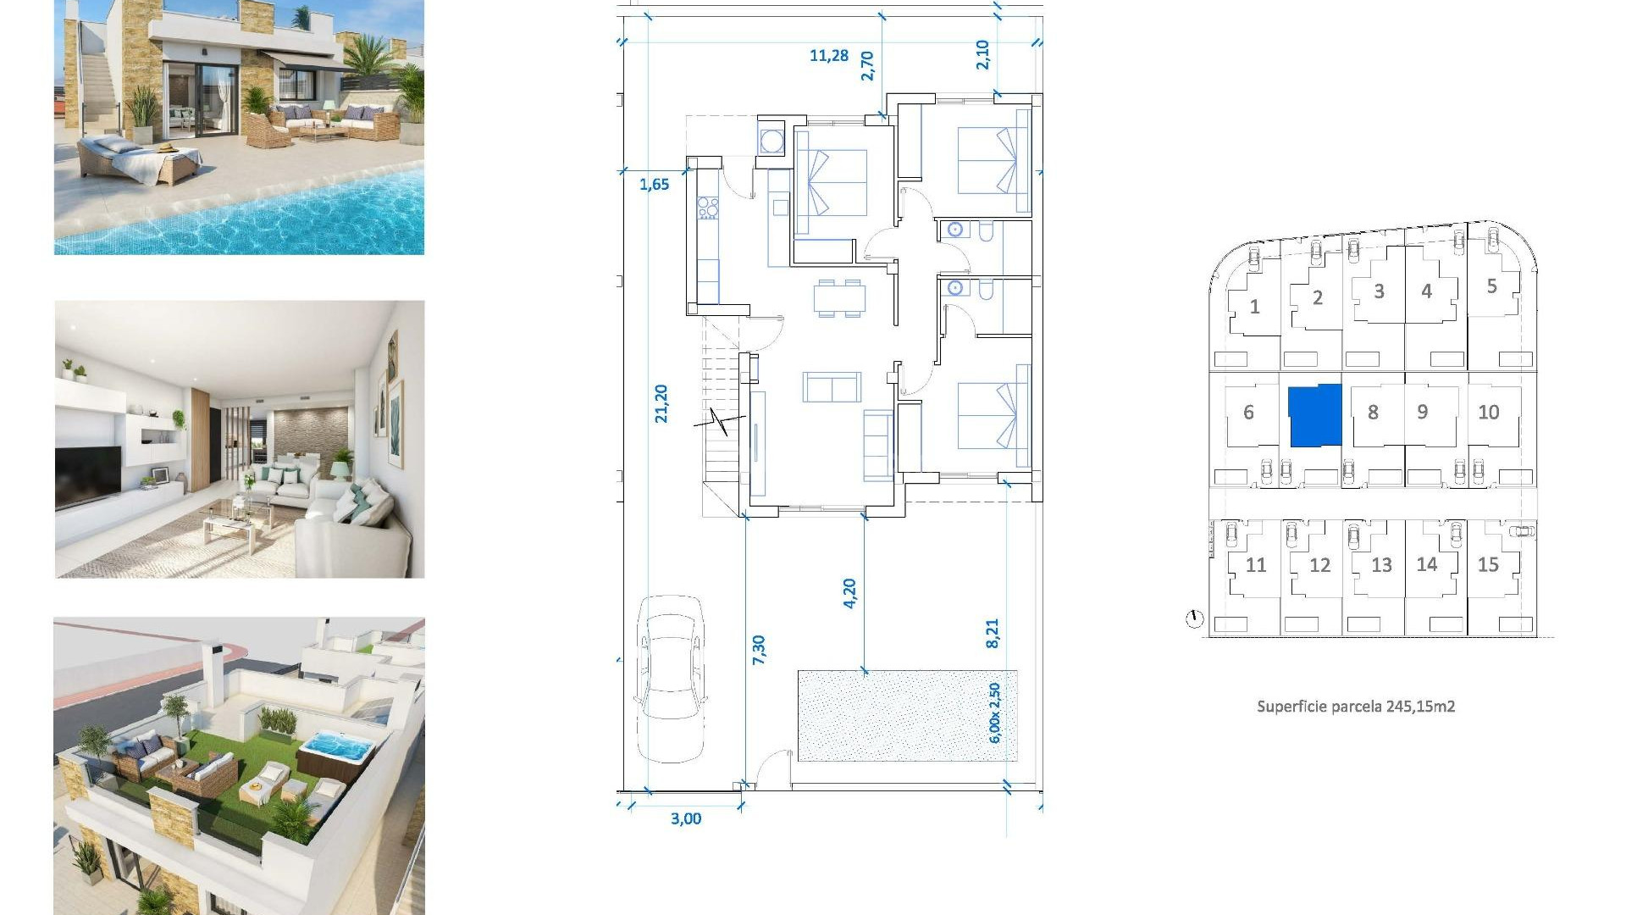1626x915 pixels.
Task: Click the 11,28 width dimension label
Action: point(828,56)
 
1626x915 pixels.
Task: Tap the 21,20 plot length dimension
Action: point(661,403)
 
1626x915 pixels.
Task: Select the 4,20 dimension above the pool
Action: point(849,593)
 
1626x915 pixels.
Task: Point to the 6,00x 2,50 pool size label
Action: point(995,713)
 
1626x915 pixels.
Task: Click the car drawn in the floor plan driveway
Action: point(671,678)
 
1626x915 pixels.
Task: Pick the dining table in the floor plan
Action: point(839,297)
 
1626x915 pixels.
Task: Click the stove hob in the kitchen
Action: point(707,208)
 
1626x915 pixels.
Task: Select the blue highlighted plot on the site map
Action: point(1314,415)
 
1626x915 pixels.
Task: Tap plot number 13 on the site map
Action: point(1381,565)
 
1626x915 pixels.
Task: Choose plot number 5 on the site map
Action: point(1491,286)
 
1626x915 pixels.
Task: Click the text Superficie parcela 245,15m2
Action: point(1355,706)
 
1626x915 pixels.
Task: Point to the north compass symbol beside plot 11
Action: point(1194,619)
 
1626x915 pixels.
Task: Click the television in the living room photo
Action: point(88,475)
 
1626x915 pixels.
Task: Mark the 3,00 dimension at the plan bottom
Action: point(685,818)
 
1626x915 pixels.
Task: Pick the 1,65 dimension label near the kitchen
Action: point(654,185)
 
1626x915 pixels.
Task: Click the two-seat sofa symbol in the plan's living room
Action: point(832,387)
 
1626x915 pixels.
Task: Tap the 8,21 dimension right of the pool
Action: point(993,633)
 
